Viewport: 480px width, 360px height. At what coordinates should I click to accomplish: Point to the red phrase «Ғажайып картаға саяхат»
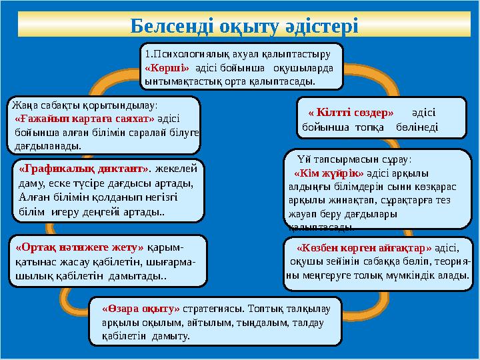click(x=84, y=118)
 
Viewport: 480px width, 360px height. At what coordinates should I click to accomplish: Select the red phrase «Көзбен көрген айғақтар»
click(x=364, y=247)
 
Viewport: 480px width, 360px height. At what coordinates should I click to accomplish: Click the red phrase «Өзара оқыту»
click(x=141, y=309)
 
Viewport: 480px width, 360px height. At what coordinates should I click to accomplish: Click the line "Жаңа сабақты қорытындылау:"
click(x=84, y=105)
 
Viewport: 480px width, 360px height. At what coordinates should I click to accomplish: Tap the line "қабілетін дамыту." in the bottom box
click(x=146, y=336)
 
